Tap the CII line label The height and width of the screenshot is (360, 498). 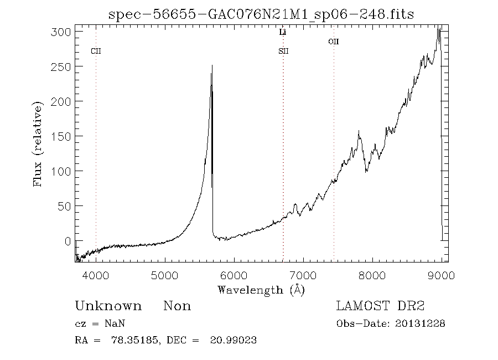(x=96, y=52)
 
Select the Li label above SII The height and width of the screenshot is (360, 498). (x=283, y=33)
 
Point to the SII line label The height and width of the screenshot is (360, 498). (x=283, y=52)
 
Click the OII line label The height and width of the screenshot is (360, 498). (x=333, y=42)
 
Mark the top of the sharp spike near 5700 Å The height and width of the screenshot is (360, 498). (x=212, y=66)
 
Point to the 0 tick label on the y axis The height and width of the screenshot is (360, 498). (x=68, y=241)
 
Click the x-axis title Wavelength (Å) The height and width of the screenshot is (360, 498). (x=261, y=290)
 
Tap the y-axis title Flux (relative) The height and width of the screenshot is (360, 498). (x=38, y=144)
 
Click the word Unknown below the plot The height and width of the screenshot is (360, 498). (x=108, y=306)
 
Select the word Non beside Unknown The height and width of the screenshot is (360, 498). (x=177, y=306)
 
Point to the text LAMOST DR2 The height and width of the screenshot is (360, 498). (x=380, y=306)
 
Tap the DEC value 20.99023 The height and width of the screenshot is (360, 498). (x=233, y=340)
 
